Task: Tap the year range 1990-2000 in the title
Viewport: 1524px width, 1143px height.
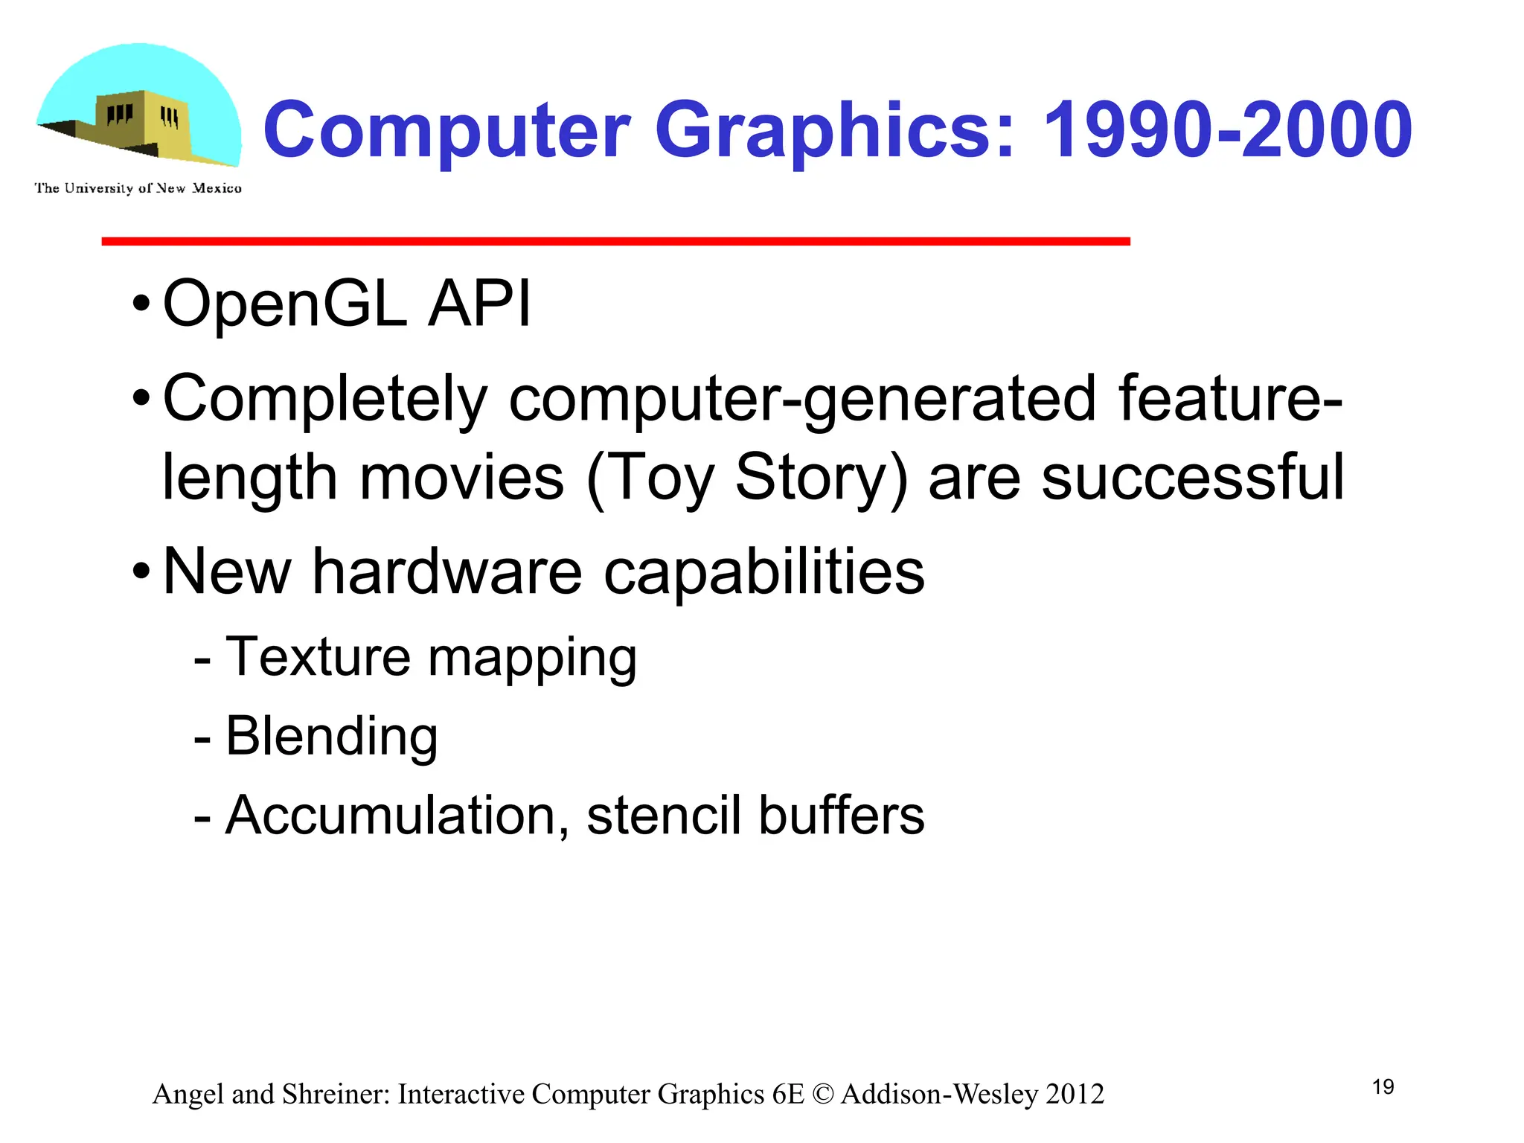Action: [x=1227, y=131]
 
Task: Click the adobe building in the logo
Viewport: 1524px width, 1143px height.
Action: [x=141, y=124]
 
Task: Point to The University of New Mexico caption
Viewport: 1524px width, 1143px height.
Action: [x=138, y=188]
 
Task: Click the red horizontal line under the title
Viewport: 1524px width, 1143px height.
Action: [x=615, y=241]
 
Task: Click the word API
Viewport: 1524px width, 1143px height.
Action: [x=480, y=303]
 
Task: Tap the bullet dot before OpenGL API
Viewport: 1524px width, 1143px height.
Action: [x=141, y=304]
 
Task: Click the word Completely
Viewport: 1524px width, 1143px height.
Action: [x=325, y=400]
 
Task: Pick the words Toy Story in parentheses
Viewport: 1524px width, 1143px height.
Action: [x=747, y=478]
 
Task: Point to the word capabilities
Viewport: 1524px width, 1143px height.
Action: [x=764, y=573]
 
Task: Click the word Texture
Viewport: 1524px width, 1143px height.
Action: [x=318, y=656]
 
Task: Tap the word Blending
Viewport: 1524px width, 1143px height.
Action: [x=331, y=736]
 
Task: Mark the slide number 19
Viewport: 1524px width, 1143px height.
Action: [x=1383, y=1087]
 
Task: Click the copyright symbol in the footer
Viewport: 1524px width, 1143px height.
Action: [x=823, y=1095]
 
